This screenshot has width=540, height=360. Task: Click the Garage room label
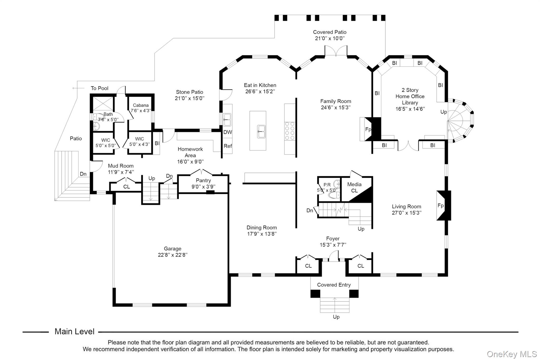[x=172, y=248]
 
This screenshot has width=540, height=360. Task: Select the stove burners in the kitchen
[x=290, y=131]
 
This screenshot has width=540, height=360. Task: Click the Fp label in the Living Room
[x=441, y=205]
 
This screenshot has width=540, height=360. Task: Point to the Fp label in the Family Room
[x=368, y=129]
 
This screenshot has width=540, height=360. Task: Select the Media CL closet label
[x=354, y=188]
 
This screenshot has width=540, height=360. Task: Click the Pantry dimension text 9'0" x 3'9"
[x=203, y=187]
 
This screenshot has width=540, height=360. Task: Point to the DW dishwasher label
[x=228, y=132]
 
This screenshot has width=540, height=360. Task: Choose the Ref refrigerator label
[x=228, y=146]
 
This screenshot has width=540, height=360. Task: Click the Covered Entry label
[x=334, y=285]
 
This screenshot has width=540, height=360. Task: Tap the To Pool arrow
[x=78, y=88]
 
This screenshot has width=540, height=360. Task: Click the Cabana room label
[x=141, y=105]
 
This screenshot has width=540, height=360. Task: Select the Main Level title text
[x=74, y=332]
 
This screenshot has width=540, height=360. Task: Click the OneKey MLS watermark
[x=512, y=354]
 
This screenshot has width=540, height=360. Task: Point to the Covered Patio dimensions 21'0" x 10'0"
[x=330, y=38]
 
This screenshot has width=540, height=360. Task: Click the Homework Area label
[x=190, y=152]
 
